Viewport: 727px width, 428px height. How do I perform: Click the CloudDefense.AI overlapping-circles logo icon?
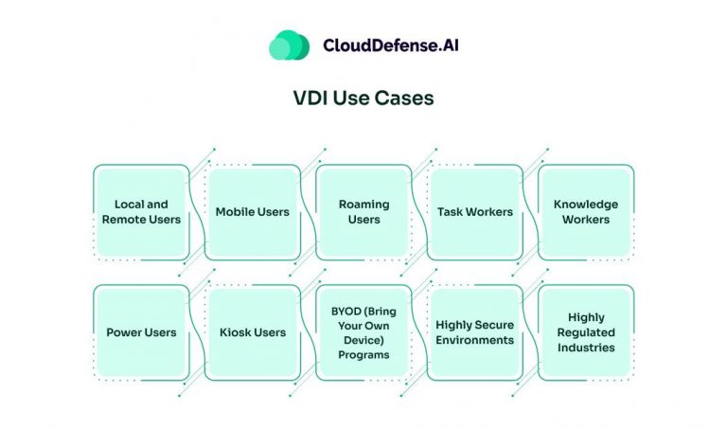pos(289,45)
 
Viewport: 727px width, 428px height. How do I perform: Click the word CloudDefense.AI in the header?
pos(391,45)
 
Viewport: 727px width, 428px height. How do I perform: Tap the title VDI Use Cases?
pos(363,98)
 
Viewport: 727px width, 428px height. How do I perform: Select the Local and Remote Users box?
pos(141,212)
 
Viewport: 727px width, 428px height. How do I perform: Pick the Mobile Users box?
pos(252,212)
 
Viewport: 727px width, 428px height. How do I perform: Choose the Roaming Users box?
pos(363,212)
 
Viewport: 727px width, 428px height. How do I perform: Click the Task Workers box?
pos(474,212)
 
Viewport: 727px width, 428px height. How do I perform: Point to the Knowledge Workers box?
pos(585,212)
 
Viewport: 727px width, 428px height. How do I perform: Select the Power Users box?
pos(141,332)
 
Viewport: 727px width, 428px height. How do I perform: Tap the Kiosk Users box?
pos(252,332)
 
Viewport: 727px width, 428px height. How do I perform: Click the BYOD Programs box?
pos(363,332)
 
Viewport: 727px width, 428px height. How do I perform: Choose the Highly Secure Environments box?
pos(474,332)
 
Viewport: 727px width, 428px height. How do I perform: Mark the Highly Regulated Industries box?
pos(585,332)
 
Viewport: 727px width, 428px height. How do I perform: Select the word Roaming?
pos(363,205)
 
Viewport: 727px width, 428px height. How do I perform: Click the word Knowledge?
pos(585,205)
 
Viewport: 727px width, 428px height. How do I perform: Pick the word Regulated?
pos(585,332)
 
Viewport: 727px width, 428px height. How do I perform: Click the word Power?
pos(123,332)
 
